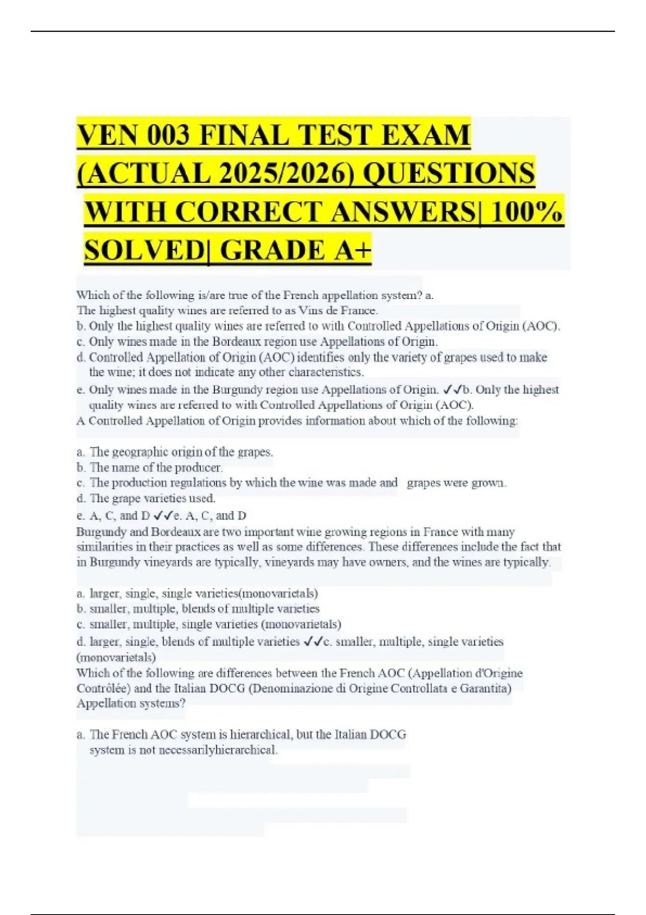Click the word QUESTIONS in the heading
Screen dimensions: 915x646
[450, 173]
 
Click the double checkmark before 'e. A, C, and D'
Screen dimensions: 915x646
[163, 516]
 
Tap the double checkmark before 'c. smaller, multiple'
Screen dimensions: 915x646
[313, 642]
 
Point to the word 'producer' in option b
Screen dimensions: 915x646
[202, 467]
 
